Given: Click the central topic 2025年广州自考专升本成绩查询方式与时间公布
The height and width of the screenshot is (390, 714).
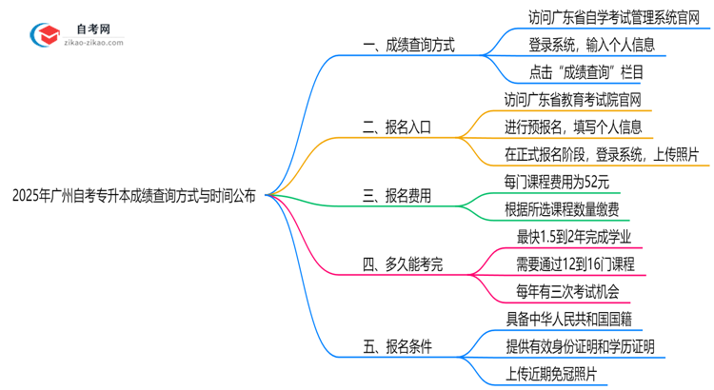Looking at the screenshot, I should [134, 197].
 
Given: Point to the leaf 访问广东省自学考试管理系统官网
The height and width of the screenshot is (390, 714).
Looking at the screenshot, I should [611, 17].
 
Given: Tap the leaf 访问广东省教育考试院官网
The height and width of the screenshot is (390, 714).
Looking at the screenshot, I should [572, 98].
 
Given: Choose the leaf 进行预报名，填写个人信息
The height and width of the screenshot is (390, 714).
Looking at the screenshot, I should [572, 126].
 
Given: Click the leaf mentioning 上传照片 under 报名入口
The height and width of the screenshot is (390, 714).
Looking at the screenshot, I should [602, 153].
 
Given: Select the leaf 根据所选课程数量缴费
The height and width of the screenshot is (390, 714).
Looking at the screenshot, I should [562, 208].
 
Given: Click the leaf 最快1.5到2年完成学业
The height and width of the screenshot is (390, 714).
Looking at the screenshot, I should [571, 236].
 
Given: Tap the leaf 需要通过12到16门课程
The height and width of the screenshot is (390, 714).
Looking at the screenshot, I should [574, 264].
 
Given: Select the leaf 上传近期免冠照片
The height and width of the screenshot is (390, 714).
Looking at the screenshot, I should [551, 374].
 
